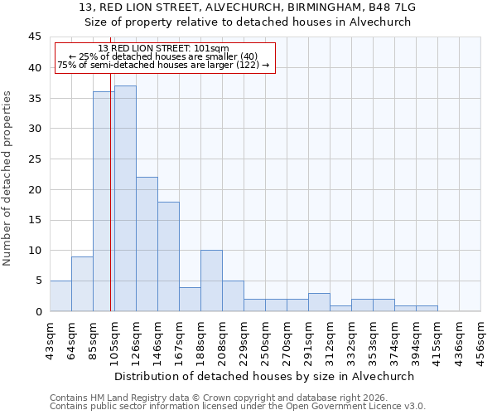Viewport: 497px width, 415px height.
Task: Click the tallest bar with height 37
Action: [x=125, y=198]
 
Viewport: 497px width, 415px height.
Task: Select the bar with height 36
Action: [x=104, y=202]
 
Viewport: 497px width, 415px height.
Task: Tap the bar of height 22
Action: [x=147, y=244]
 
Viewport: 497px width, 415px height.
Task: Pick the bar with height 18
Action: [x=168, y=256]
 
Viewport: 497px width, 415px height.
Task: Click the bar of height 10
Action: [x=211, y=281]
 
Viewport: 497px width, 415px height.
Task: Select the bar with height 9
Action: [x=82, y=284]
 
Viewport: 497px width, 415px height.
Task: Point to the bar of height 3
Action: [x=319, y=302]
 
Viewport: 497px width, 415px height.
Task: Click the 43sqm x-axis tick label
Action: [x=51, y=339]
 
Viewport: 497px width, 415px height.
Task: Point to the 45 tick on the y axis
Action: [x=35, y=37]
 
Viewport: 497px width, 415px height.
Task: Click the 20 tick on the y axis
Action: [x=35, y=189]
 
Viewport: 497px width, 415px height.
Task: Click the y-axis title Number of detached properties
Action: [x=8, y=178]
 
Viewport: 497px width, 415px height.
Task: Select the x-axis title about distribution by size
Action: [x=264, y=376]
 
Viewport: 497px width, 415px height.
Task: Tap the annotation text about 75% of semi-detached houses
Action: [x=163, y=65]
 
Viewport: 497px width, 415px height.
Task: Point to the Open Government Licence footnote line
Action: [x=238, y=407]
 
